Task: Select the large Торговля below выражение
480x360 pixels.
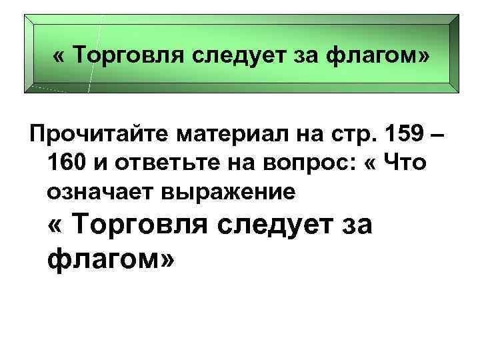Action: pyautogui.click(x=149, y=225)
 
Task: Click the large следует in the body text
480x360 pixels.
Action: pyautogui.click(x=282, y=225)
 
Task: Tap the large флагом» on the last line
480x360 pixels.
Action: pyautogui.click(x=112, y=258)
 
